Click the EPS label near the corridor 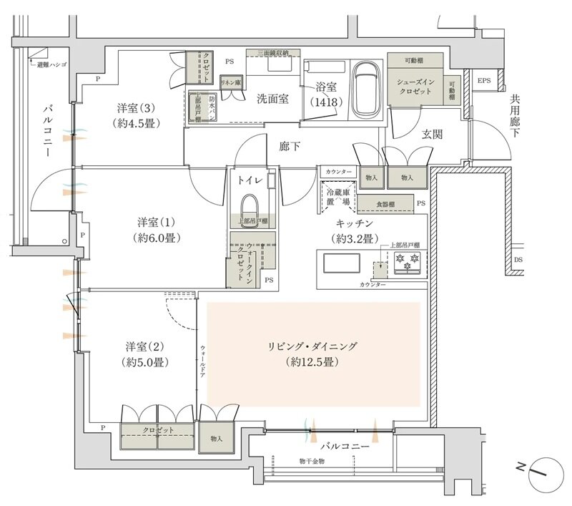click(484, 81)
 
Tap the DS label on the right click(518, 258)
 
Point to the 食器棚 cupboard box click(385, 205)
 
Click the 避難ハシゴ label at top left click(50, 64)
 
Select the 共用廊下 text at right click(514, 118)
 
